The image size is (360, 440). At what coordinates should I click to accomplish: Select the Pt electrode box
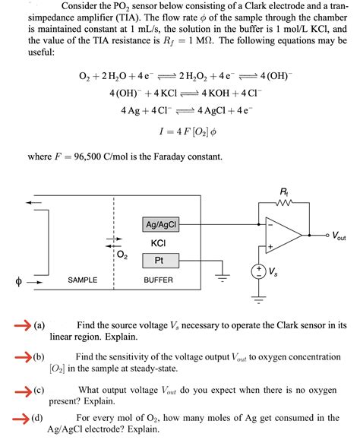pyautogui.click(x=159, y=260)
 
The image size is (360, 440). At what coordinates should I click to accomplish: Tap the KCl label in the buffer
pyautogui.click(x=159, y=242)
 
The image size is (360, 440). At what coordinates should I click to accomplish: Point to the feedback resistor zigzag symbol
pyautogui.click(x=283, y=203)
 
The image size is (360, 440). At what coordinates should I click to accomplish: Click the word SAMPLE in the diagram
pyautogui.click(x=83, y=280)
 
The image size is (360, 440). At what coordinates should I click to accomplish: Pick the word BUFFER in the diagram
pyautogui.click(x=159, y=280)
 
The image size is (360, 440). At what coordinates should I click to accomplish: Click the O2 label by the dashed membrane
pyautogui.click(x=122, y=255)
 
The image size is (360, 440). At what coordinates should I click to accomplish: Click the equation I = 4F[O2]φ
pyautogui.click(x=179, y=131)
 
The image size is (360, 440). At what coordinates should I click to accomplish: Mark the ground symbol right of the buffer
pyautogui.click(x=222, y=275)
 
